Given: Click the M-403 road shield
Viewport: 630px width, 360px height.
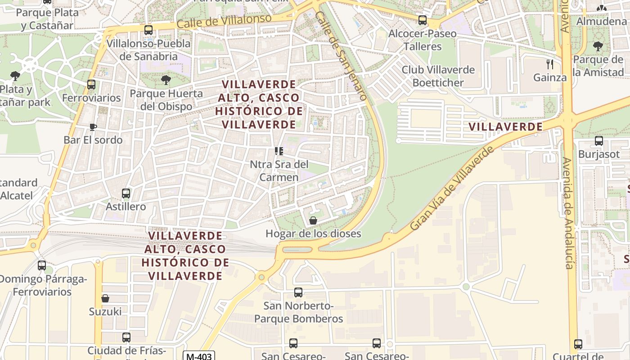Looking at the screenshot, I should pos(198,356).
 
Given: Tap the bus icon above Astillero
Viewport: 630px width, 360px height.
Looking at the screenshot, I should pos(126,193).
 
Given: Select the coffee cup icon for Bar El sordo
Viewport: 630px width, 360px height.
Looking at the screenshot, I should pos(93,127).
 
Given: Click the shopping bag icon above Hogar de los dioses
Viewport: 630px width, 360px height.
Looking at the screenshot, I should pos(313,220).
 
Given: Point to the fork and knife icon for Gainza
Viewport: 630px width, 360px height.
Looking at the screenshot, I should pos(549,64).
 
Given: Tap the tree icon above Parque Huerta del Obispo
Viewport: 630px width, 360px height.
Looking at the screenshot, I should pos(166,80).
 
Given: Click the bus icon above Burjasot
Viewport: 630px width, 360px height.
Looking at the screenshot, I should pos(598,141).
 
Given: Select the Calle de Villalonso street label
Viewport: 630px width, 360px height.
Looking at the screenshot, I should pos(224,21).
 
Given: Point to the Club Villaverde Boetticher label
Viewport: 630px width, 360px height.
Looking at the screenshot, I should pos(438,76).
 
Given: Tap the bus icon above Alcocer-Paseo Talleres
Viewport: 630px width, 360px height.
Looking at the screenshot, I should pos(422,20).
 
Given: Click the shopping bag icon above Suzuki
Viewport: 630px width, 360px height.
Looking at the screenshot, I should pos(105,298).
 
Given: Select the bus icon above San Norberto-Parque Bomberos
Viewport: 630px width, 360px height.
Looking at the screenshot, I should pos(298,292).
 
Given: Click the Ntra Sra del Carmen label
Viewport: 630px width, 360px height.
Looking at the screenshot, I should pos(279,171).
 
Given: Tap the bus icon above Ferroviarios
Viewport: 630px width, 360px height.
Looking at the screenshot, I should pos(91,85).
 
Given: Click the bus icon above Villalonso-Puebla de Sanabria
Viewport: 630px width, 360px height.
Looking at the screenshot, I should pos(148,30).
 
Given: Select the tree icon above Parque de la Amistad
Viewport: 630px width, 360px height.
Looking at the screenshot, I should pos(598,46).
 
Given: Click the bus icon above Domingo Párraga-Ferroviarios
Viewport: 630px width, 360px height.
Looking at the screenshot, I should pos(42,265).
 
